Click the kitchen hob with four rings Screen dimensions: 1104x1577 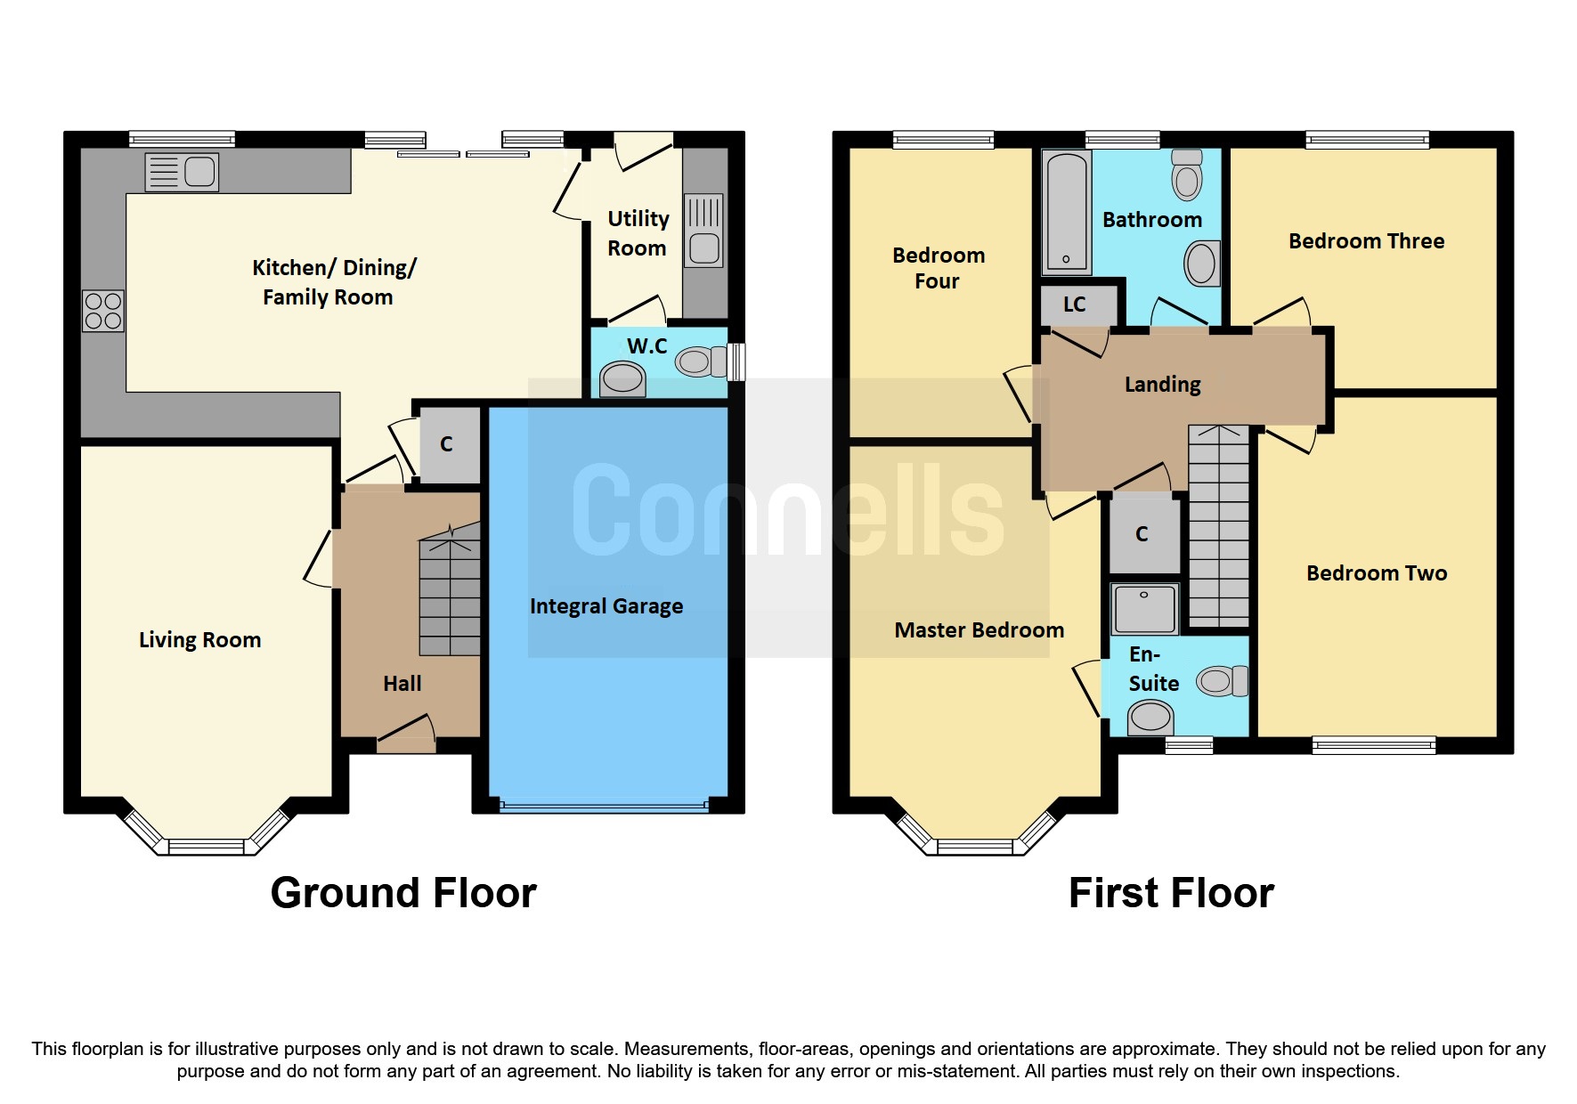(103, 311)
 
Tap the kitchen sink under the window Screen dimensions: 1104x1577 (182, 172)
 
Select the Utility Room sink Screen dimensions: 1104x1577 (703, 231)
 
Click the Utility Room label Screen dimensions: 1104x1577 (638, 233)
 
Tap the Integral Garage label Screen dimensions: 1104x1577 (606, 606)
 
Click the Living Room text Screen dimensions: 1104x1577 (199, 640)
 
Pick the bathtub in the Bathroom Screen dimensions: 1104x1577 (1066, 212)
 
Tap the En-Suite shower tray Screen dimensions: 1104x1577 (1144, 608)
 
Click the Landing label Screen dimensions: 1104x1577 (1162, 385)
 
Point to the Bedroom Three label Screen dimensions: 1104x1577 (1366, 241)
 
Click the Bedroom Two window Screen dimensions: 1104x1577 (1373, 745)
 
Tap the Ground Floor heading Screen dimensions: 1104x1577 (403, 893)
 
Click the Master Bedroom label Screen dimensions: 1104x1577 (979, 630)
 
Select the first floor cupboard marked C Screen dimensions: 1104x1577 (1143, 534)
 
